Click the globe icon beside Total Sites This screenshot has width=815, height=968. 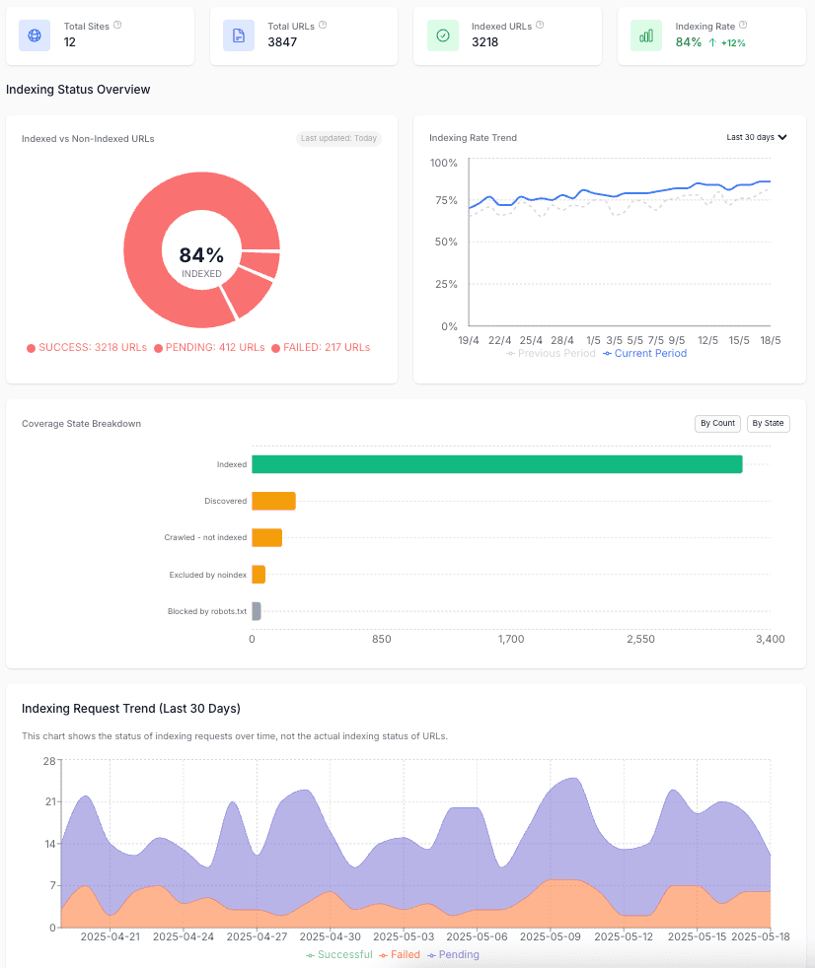pos(35,35)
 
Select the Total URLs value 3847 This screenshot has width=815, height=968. pos(282,42)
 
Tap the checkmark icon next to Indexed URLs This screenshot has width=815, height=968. pos(443,35)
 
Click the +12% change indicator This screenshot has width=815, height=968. pos(728,43)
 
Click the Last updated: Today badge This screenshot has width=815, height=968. pos(338,138)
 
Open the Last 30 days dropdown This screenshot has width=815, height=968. pos(757,137)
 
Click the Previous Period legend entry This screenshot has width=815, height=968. pos(552,353)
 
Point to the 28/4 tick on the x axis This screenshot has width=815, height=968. pos(562,340)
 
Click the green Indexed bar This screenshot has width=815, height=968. pos(496,464)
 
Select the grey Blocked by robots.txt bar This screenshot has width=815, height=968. pos(257,611)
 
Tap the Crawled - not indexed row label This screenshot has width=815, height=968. pos(205,538)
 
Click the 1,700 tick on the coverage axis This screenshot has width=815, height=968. pos(511,640)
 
